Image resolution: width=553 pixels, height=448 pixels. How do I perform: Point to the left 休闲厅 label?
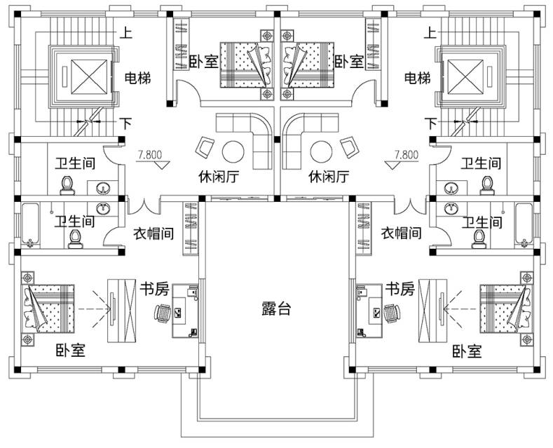pyautogui.click(x=218, y=177)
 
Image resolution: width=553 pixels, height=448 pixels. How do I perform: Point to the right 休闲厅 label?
pyautogui.click(x=329, y=177)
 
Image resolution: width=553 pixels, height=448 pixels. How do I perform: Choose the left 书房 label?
pyautogui.click(x=153, y=288)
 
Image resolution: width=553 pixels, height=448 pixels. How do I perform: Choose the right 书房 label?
pyautogui.click(x=400, y=288)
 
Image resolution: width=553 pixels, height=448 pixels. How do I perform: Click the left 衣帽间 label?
pyautogui.click(x=153, y=233)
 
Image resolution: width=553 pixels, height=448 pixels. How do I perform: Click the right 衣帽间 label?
pyautogui.click(x=401, y=233)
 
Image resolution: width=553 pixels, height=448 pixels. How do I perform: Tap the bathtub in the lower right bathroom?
pyautogui.click(x=525, y=224)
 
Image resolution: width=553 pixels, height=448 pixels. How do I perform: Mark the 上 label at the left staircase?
pyautogui.click(x=126, y=32)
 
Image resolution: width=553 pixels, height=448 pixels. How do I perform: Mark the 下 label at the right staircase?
pyautogui.click(x=430, y=123)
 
